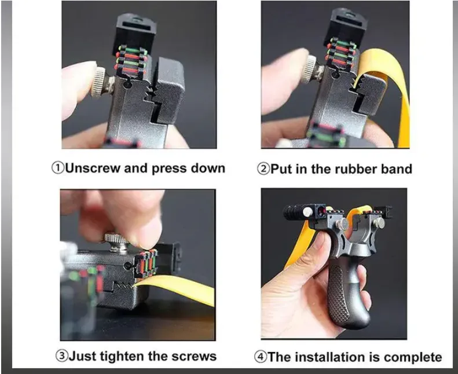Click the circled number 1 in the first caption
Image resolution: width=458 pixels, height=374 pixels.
(x=57, y=168)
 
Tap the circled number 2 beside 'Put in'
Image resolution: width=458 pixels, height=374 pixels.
(x=263, y=169)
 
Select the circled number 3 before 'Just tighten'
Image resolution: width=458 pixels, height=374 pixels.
(x=61, y=356)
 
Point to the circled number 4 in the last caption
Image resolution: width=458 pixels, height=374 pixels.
(x=260, y=357)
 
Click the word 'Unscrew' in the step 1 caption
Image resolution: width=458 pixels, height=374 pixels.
(x=93, y=168)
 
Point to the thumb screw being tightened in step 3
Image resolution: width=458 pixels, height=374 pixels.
(x=117, y=241)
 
